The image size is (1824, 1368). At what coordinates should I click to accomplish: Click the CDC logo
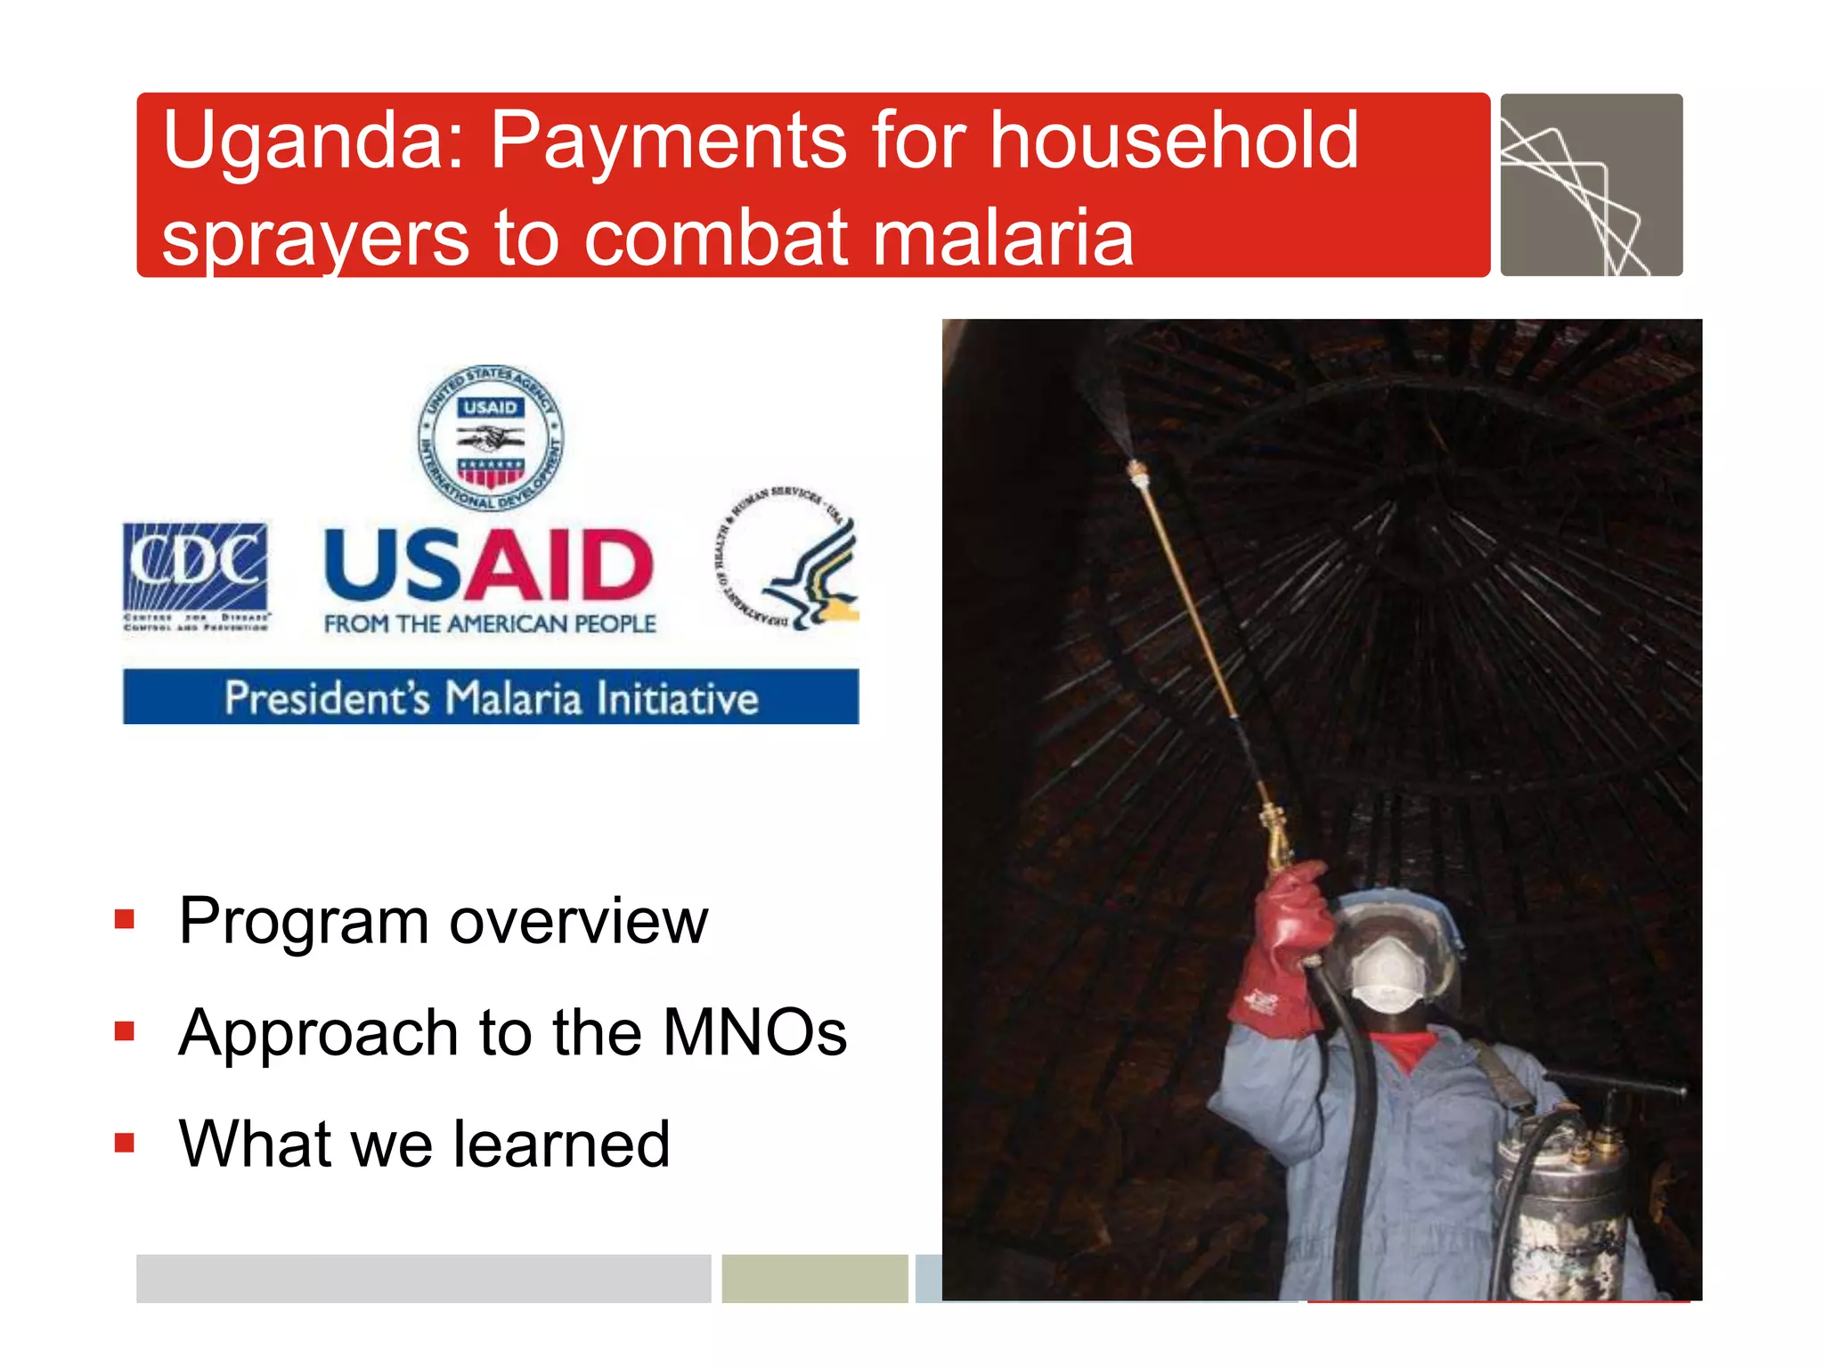tap(196, 574)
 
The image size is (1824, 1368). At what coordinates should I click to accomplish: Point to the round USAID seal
tap(491, 437)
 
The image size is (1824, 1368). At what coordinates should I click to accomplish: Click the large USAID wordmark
tap(489, 565)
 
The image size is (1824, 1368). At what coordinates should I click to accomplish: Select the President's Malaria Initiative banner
tap(491, 697)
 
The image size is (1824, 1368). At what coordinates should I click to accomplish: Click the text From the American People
tap(490, 624)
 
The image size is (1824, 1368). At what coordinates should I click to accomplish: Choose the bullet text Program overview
tap(443, 921)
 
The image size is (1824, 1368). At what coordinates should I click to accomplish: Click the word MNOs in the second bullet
tap(754, 1033)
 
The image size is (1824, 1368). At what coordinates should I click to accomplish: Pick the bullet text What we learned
tap(424, 1144)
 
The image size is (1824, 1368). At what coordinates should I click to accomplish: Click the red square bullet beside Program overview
tap(125, 919)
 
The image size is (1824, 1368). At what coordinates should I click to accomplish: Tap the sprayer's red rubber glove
tap(1282, 953)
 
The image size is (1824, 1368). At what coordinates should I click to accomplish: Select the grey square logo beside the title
tap(1592, 185)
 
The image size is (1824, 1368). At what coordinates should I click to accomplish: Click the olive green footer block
tap(814, 1278)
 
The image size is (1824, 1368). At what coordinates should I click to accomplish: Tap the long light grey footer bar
tap(423, 1278)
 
